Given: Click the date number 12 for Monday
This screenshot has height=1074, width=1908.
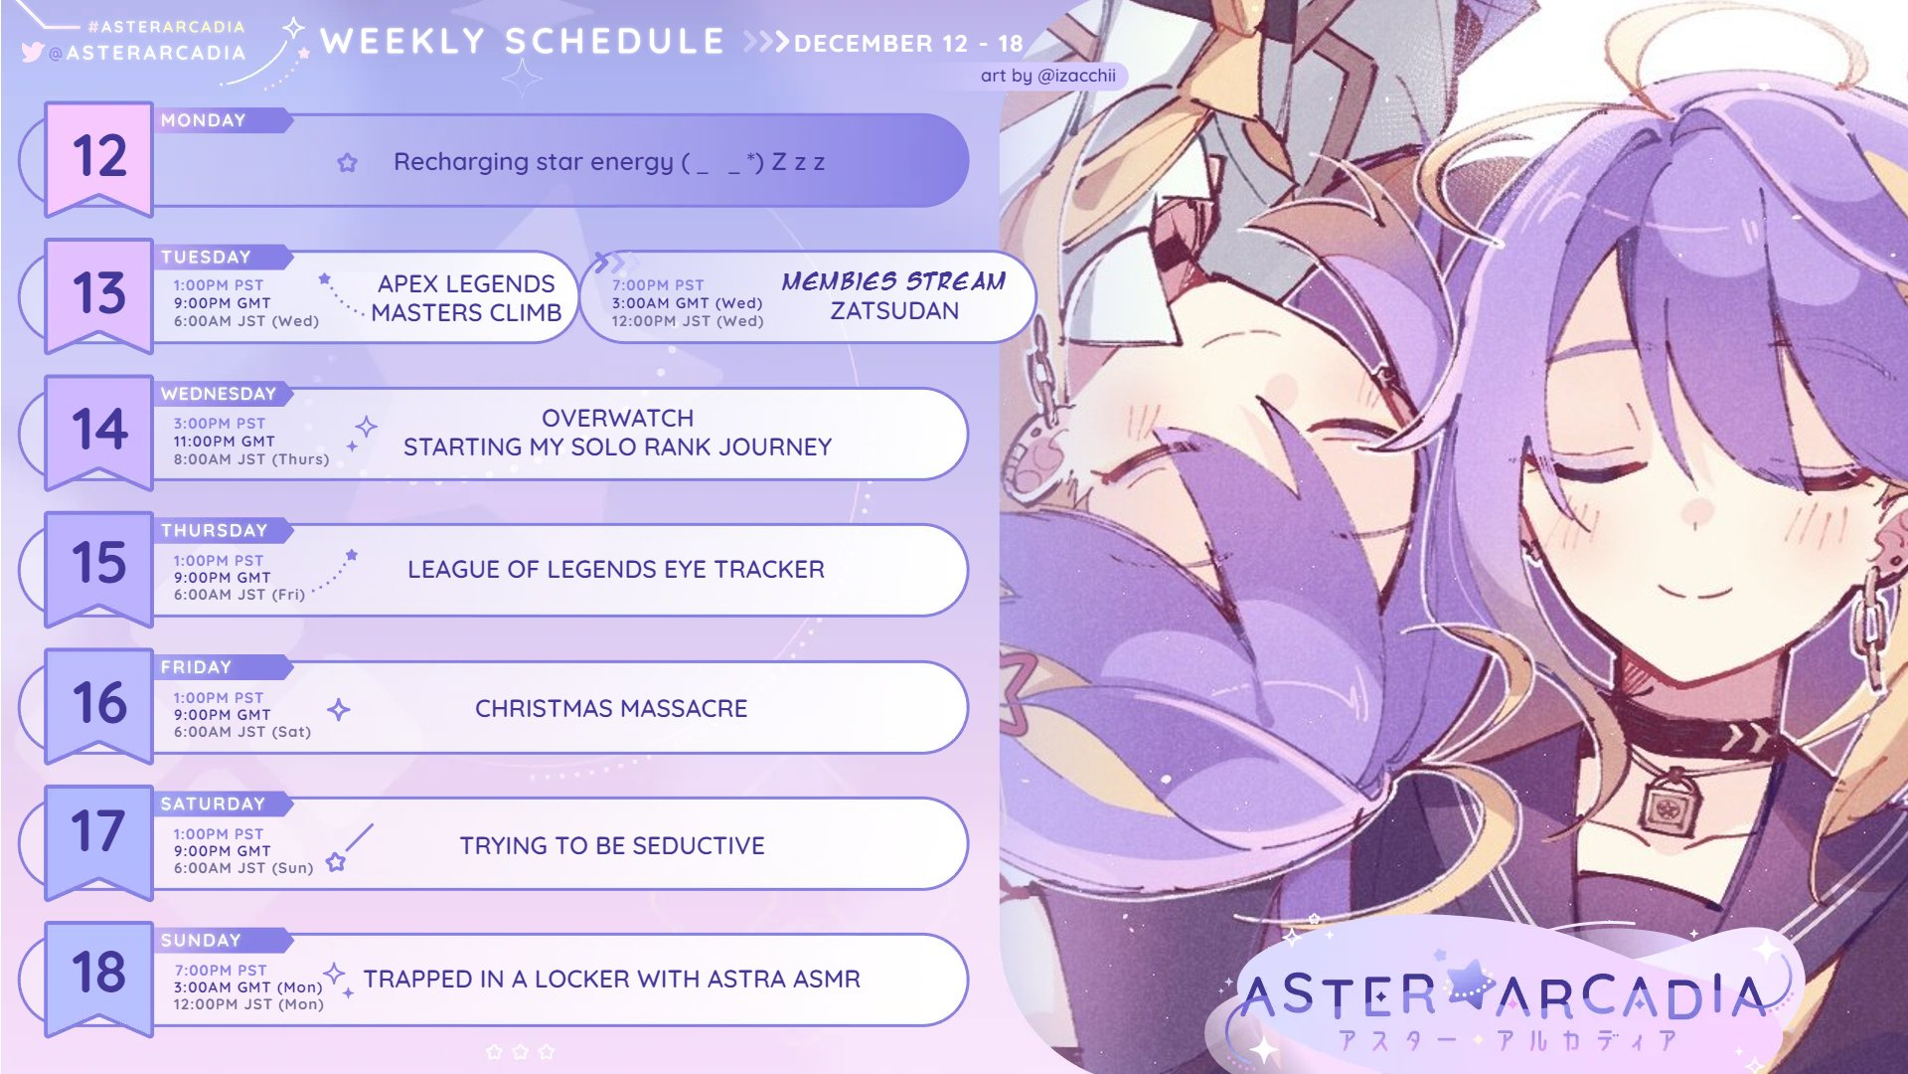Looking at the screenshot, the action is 99,156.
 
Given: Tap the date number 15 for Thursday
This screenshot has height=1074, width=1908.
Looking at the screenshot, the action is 99,563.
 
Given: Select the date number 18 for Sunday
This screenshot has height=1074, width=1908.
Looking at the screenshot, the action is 99,972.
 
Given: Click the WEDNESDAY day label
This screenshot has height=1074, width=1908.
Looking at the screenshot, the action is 219,394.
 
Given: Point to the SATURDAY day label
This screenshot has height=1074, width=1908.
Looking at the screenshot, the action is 214,804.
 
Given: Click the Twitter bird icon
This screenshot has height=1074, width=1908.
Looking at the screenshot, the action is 32,52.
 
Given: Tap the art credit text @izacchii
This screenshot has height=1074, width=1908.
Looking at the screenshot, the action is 1048,76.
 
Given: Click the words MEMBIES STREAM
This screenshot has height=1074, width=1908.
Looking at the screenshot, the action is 893,281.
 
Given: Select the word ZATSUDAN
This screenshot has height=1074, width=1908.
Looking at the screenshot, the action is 894,311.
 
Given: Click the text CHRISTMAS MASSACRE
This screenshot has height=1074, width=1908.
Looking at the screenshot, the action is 611,708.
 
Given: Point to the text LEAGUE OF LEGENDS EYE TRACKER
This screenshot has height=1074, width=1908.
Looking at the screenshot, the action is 616,569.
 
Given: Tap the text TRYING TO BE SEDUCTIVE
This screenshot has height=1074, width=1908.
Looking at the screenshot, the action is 612,845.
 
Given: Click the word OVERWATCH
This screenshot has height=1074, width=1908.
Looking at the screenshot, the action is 618,418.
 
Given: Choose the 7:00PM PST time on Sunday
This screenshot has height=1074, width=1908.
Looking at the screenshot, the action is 221,970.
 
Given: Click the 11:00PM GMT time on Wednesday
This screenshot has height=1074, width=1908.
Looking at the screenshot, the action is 224,441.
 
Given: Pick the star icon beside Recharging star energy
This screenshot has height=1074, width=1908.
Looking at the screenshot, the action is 347,162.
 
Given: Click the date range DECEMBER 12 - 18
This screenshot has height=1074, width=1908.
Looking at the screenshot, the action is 908,44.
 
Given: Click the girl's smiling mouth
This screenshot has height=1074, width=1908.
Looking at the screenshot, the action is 1693,591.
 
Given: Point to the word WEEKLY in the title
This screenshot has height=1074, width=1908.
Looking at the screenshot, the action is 403,41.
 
